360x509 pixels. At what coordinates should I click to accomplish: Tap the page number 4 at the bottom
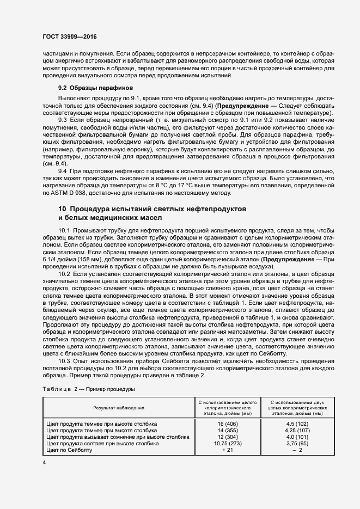tap(44, 463)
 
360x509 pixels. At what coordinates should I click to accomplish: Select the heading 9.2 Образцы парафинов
tap(95, 88)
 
